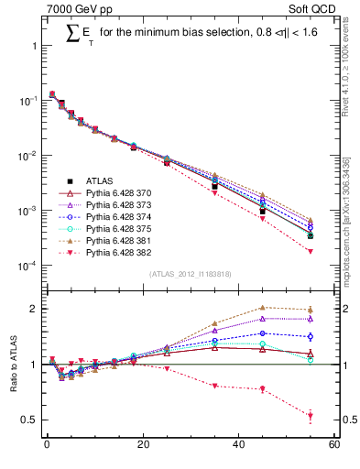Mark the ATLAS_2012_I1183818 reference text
(x=190, y=274)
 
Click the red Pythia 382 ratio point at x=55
(x=311, y=416)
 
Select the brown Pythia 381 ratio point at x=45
(x=262, y=308)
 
